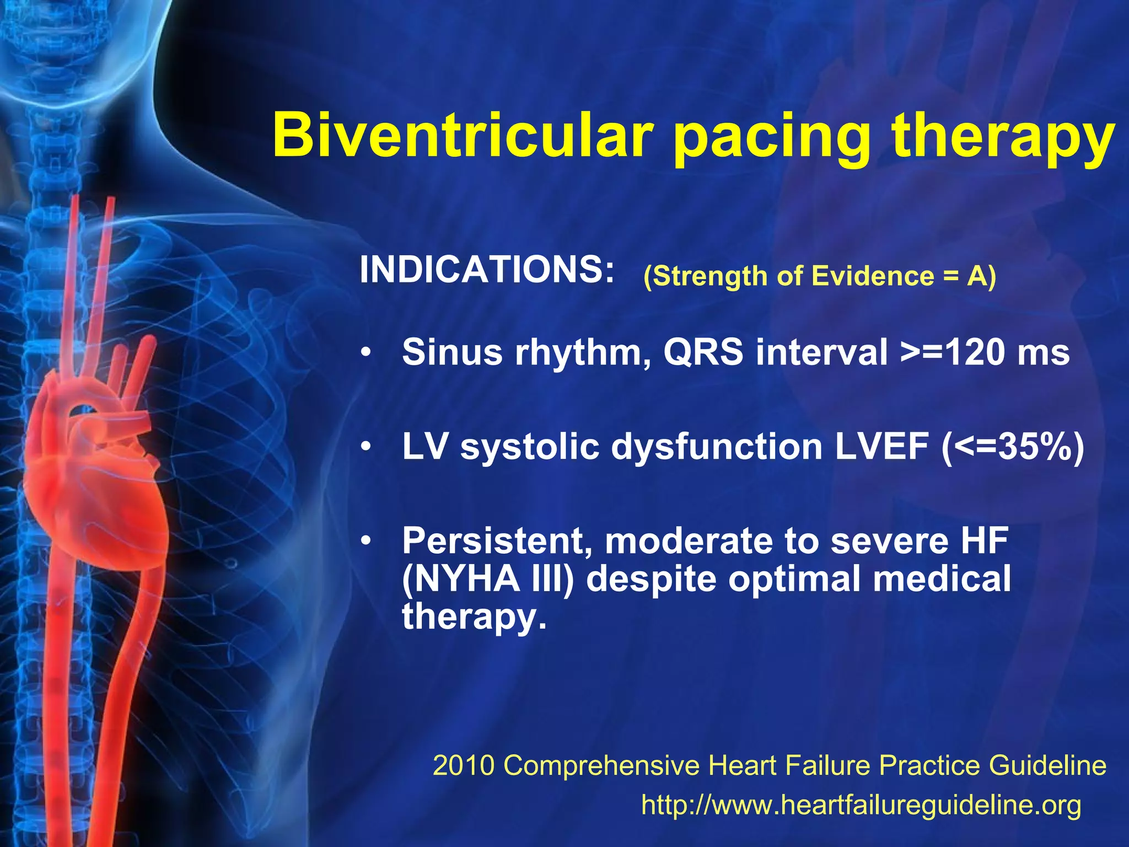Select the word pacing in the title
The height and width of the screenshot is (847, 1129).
pos(772,138)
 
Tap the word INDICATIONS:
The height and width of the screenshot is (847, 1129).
pos(487,270)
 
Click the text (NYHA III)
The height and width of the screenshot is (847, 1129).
pos(488,580)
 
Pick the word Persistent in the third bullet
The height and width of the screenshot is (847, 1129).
pos(493,541)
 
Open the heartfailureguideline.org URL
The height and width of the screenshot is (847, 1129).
pos(861,805)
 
